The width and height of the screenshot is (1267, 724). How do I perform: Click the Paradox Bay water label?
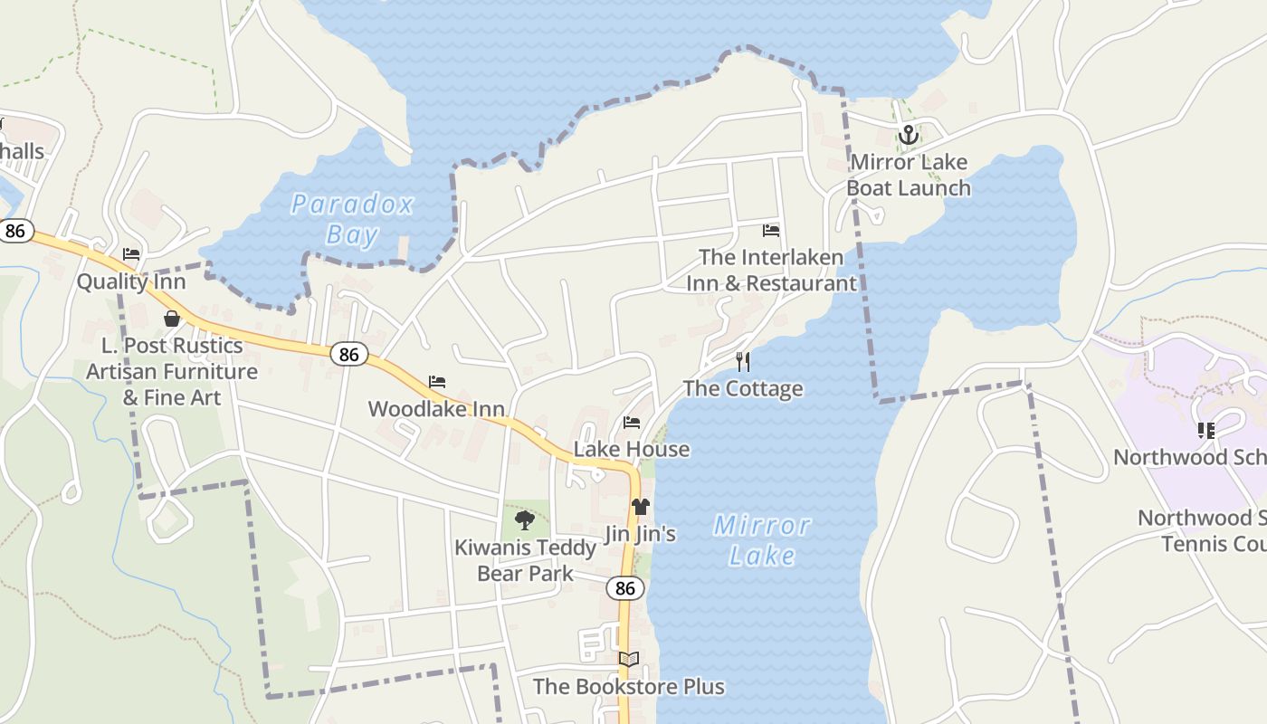coord(352,219)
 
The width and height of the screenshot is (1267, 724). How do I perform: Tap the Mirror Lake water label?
coord(762,539)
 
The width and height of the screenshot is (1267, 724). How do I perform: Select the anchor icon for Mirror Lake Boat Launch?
coord(908,136)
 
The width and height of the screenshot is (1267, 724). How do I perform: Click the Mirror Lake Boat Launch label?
coord(909,176)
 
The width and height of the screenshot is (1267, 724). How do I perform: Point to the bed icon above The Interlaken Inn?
coord(771,231)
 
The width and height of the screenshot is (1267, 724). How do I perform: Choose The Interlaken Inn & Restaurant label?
coord(771,271)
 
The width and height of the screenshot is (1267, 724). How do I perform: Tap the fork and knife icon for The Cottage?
coord(743,362)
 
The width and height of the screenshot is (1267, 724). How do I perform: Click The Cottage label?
coord(743,388)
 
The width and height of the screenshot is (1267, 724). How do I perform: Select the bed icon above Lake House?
coord(632,423)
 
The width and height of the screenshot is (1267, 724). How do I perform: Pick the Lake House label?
coord(632,449)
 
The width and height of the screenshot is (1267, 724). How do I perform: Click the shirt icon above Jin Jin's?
coord(641,507)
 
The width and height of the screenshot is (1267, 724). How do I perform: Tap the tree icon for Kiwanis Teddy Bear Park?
coord(524,519)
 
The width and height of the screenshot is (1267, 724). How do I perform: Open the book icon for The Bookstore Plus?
coord(629,660)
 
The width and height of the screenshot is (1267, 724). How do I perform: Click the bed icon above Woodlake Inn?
coord(437,382)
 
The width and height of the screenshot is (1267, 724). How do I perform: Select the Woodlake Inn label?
coord(436,409)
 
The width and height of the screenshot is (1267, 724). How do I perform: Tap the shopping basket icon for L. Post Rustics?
coord(172,319)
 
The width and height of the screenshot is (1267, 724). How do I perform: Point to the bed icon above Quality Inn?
coord(131,254)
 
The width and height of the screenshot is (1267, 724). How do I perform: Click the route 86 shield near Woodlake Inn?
coord(348,354)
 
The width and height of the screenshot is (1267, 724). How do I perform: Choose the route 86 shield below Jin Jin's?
coord(625,588)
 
